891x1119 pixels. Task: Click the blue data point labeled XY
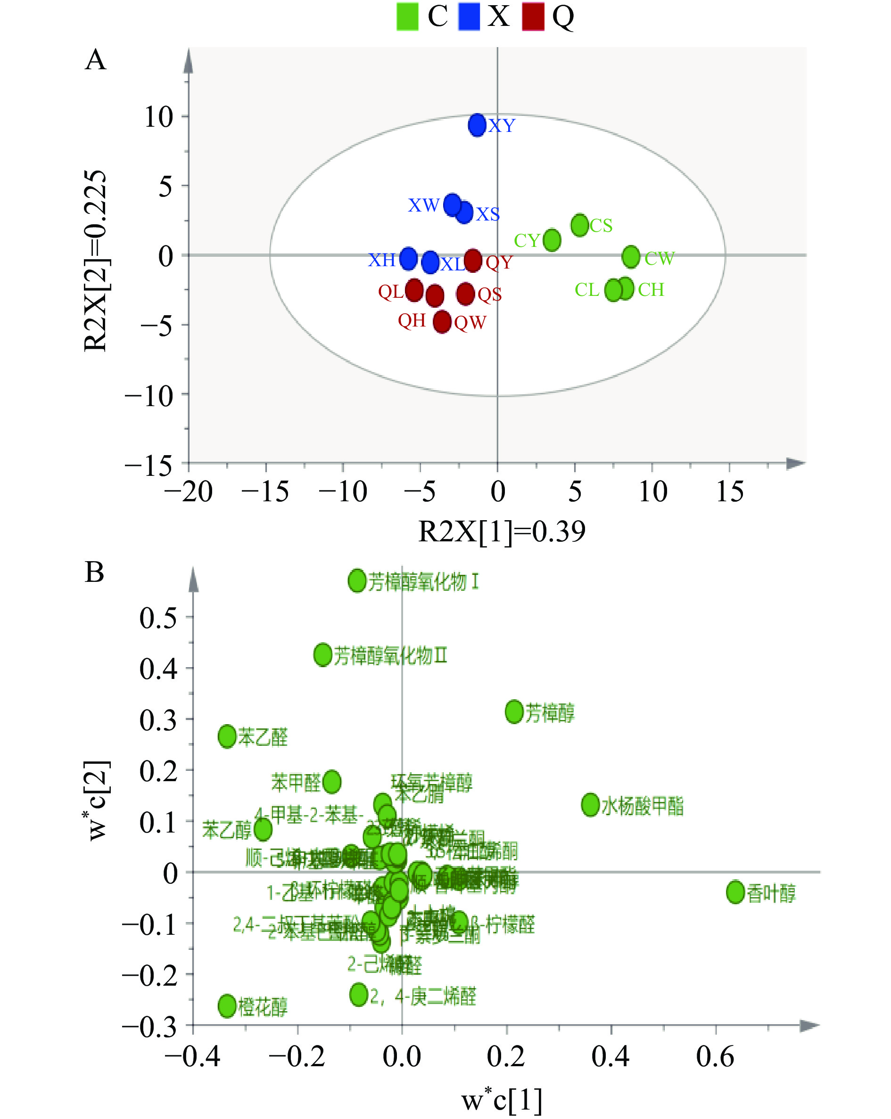click(477, 124)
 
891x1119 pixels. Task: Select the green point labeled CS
click(579, 225)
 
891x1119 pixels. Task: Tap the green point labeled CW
click(631, 256)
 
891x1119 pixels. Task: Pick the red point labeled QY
click(472, 260)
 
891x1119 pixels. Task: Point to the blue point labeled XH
click(409, 258)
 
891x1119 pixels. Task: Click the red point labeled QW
click(442, 322)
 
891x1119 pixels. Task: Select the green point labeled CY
click(552, 240)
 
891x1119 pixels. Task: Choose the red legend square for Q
click(533, 16)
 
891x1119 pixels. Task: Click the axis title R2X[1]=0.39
click(502, 531)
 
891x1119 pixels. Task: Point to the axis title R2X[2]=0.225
click(96, 261)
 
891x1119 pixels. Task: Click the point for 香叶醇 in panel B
click(735, 892)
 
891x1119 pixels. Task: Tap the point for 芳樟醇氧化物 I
click(357, 580)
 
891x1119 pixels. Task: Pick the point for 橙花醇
click(227, 1006)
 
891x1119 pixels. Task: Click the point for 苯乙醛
click(227, 736)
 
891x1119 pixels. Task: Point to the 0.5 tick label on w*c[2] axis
click(158, 618)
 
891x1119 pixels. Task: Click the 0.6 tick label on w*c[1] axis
click(715, 1057)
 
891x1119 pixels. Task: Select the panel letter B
click(94, 572)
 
